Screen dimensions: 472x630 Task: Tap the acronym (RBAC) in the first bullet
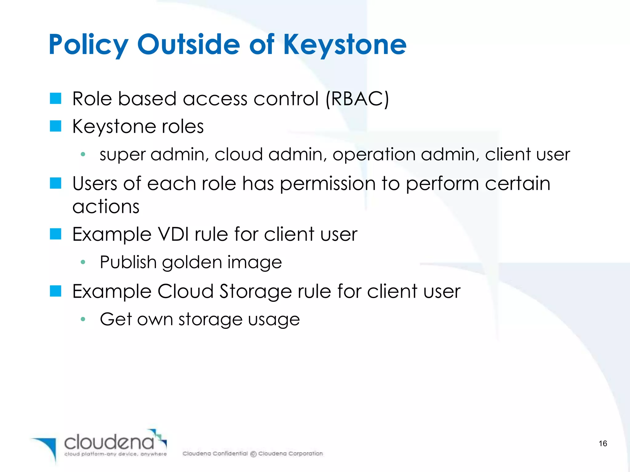coord(357,99)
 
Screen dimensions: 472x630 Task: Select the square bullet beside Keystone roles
coord(56,126)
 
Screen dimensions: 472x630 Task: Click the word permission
coord(328,184)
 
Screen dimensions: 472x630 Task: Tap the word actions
coord(106,206)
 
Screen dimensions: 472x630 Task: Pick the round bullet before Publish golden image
coord(83,262)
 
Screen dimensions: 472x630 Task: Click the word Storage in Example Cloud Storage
coord(255,291)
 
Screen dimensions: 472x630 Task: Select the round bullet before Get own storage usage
coord(83,319)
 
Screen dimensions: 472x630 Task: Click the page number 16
coord(603,443)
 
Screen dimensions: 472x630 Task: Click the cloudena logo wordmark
coord(109,442)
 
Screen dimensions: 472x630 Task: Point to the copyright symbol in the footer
coord(253,454)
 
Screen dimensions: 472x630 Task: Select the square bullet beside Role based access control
coord(56,99)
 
